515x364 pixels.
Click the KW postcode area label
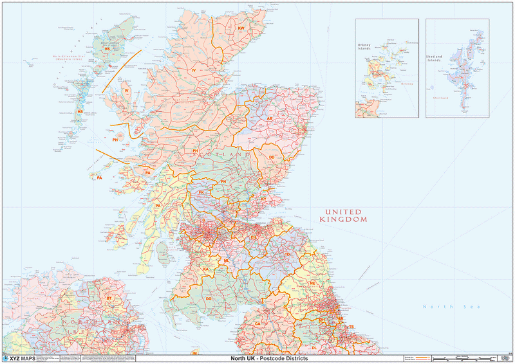pyautogui.click(x=242, y=29)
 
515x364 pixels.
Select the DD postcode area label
pyautogui.click(x=272, y=158)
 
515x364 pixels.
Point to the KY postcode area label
pyautogui.click(x=263, y=199)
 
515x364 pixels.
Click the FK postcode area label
pyautogui.click(x=201, y=192)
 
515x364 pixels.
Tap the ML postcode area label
pyautogui.click(x=227, y=260)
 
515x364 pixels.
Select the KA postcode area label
pyautogui.click(x=205, y=269)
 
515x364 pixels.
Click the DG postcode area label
pyautogui.click(x=209, y=299)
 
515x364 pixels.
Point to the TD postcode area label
pyautogui.click(x=288, y=255)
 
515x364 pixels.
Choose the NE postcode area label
pyautogui.click(x=312, y=283)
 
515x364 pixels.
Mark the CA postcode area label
pyautogui.click(x=257, y=323)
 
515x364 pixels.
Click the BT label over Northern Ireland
pyautogui.click(x=109, y=299)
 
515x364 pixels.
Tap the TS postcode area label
pyautogui.click(x=351, y=327)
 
